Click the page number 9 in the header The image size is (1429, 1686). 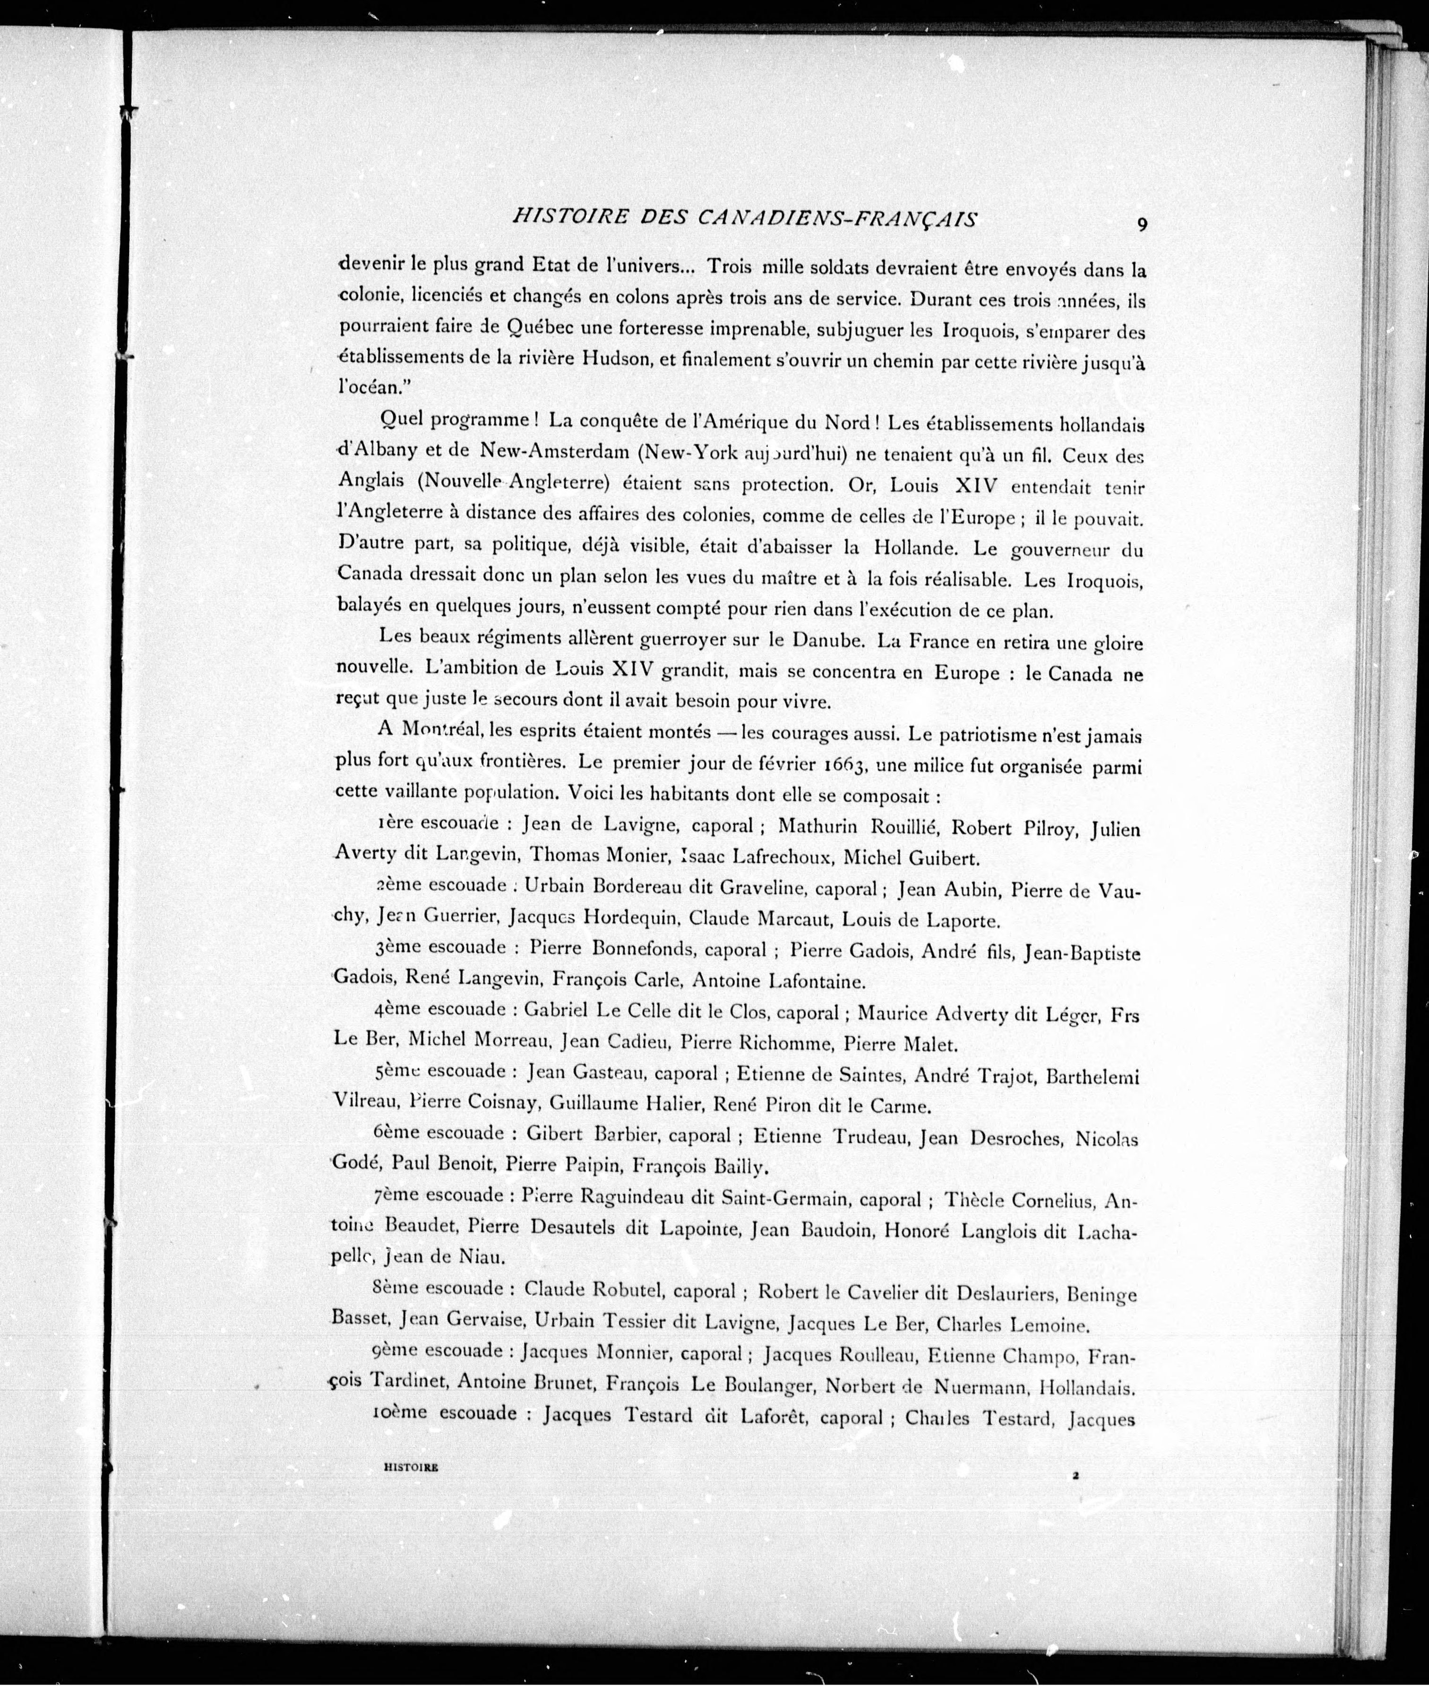coord(1141,226)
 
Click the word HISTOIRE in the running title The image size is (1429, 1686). coord(571,218)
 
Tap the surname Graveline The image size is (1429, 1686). coord(760,887)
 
